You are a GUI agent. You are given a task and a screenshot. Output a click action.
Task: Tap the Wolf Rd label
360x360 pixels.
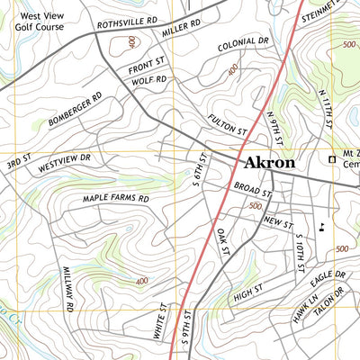click(x=150, y=82)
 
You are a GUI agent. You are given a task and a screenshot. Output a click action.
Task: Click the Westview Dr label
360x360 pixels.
click(x=65, y=164)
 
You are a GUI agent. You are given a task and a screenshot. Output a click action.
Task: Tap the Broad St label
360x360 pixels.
click(x=253, y=190)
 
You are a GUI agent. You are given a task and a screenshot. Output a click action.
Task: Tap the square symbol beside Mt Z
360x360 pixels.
click(x=331, y=160)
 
